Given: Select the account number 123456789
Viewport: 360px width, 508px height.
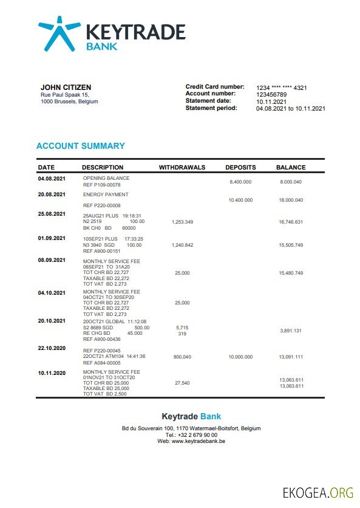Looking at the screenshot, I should click(x=271, y=94).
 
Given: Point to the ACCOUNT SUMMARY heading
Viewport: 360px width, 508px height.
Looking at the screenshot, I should click(x=81, y=146).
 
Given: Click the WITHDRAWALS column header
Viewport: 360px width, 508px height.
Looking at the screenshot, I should click(x=182, y=167).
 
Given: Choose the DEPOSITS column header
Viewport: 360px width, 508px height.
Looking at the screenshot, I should click(x=240, y=167).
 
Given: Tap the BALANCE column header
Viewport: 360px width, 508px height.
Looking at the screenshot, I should click(x=291, y=167).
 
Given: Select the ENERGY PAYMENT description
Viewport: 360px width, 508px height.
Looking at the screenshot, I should click(x=106, y=194).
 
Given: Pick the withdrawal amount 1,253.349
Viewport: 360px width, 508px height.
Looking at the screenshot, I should click(x=182, y=222).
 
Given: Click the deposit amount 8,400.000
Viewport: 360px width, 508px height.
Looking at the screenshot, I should click(x=240, y=182).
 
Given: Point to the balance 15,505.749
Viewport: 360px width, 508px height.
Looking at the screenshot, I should click(x=291, y=245).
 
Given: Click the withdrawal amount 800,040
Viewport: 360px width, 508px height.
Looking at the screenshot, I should click(x=182, y=357).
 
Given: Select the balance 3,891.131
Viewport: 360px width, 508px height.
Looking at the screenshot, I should click(x=291, y=331).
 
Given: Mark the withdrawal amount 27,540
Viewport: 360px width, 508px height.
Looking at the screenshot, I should click(x=182, y=383).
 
